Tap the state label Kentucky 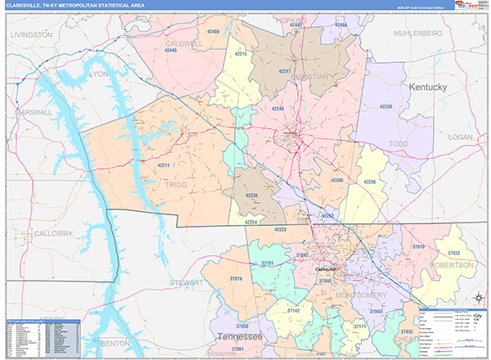point(427,87)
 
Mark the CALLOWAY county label point(54,234)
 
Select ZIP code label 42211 point(163,166)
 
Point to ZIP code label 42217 point(285,71)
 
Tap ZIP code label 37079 point(236,280)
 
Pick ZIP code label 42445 point(171,51)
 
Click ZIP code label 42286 point(369,182)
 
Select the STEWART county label point(185,282)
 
